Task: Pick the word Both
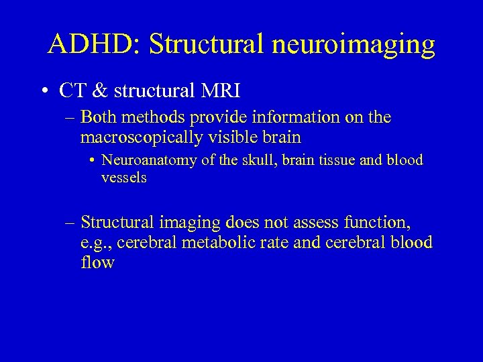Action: tap(99, 118)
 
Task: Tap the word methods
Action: tap(156, 118)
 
